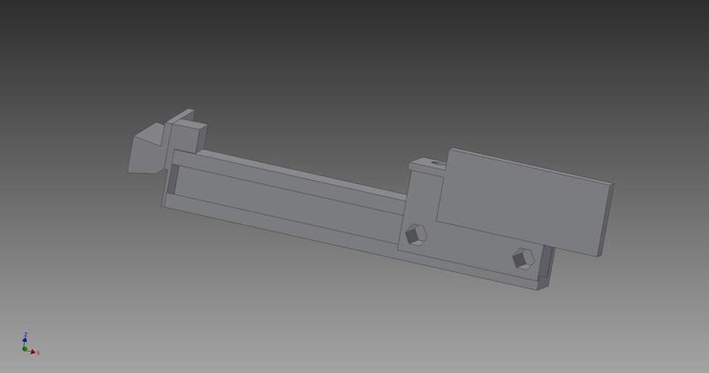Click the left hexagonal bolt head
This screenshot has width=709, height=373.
coord(416,235)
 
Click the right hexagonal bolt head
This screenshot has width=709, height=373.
coord(524,259)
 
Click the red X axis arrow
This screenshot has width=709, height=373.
coord(32,352)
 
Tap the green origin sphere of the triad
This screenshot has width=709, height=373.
coord(25,349)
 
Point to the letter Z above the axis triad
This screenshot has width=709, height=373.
coord(25,334)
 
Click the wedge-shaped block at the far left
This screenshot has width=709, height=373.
coord(144,152)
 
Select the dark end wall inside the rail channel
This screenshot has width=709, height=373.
coord(173,180)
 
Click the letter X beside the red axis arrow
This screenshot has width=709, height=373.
coord(38,354)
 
